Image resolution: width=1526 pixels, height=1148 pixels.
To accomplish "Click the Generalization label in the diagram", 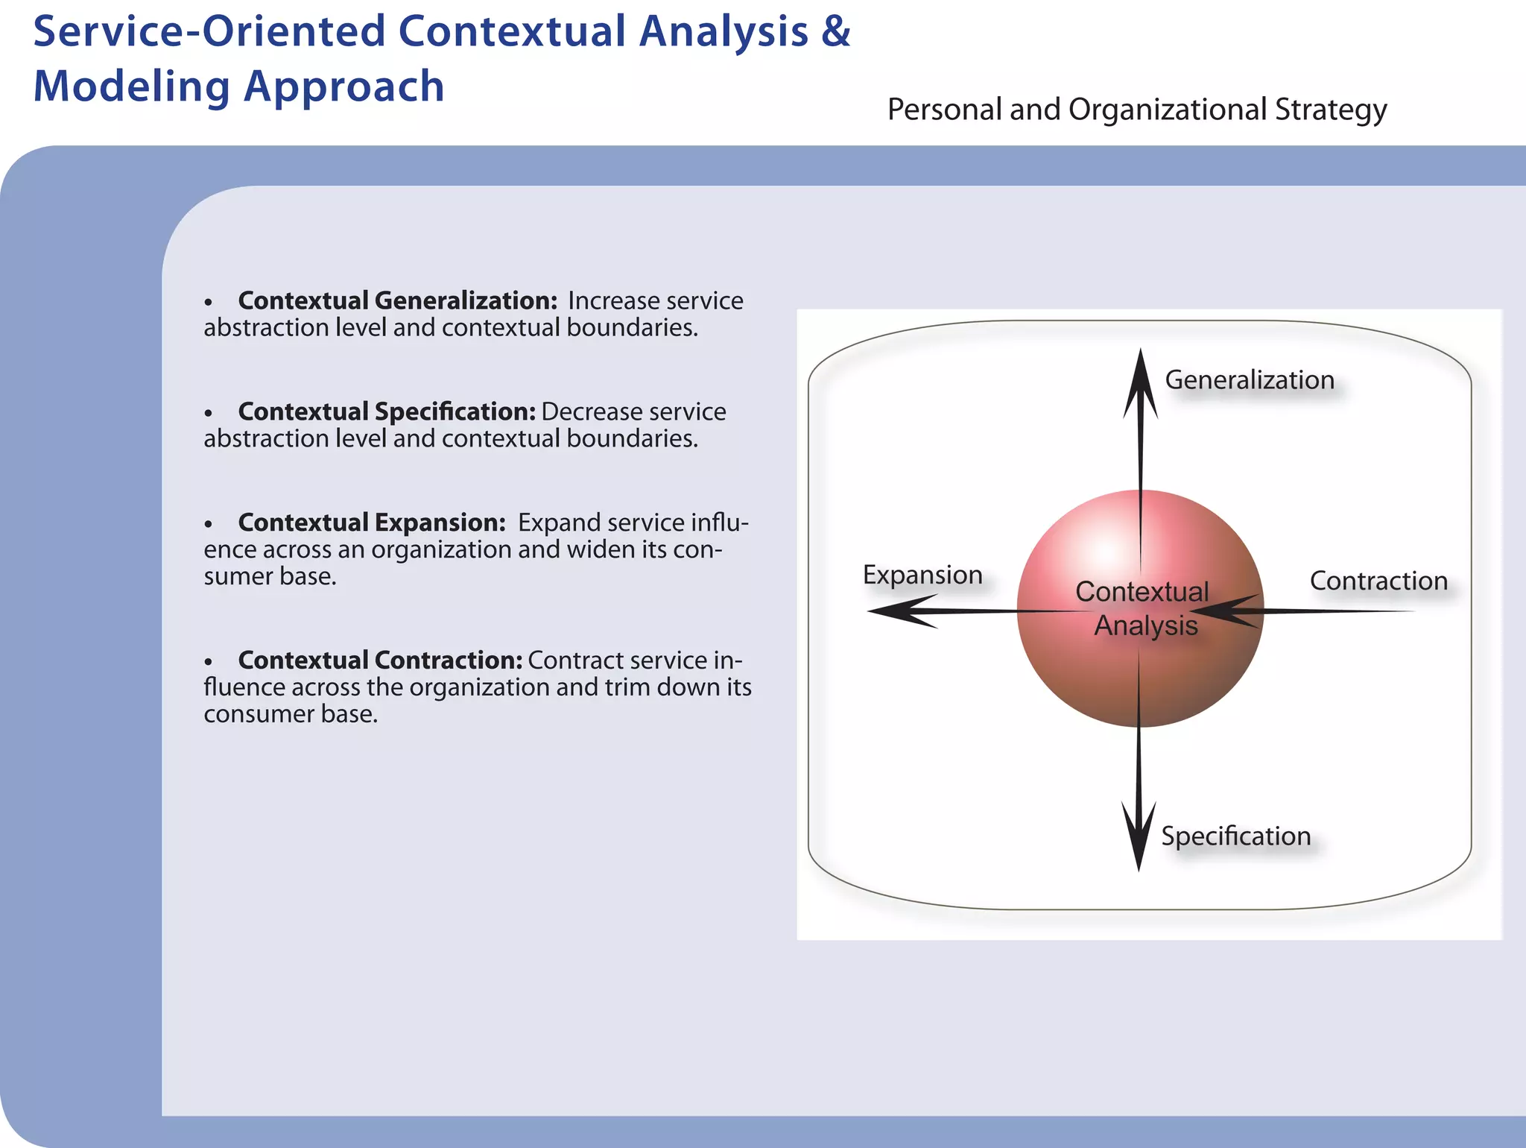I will tap(1250, 380).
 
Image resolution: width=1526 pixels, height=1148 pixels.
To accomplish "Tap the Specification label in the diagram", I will tap(1235, 836).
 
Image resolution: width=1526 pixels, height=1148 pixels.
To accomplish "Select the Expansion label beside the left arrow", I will tap(922, 575).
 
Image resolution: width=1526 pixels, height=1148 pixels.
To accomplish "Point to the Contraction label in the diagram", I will tap(1378, 581).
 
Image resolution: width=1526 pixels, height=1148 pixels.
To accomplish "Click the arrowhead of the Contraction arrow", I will tap(1223, 611).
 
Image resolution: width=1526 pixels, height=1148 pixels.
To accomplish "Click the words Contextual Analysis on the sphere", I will tap(1143, 608).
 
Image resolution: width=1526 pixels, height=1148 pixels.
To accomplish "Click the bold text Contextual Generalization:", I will tap(398, 300).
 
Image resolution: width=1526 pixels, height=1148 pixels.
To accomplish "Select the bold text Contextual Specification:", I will tap(387, 411).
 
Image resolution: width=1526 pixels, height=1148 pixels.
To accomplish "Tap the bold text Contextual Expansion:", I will tap(372, 523).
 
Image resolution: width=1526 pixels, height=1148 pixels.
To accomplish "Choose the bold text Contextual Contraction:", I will tap(380, 660).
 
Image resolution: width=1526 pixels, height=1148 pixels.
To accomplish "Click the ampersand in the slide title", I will tap(836, 32).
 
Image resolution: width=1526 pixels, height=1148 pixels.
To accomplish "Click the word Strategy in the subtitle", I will tap(1331, 110).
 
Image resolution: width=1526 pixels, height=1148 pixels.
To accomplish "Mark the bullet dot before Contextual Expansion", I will tap(209, 525).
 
